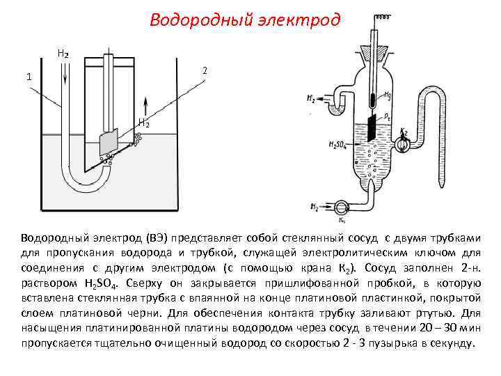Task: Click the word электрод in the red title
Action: point(303,19)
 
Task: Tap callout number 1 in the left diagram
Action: point(29,77)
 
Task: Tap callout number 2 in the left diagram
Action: point(205,70)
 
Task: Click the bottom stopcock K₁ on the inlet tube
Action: point(340,207)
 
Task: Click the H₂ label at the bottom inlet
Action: point(315,207)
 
